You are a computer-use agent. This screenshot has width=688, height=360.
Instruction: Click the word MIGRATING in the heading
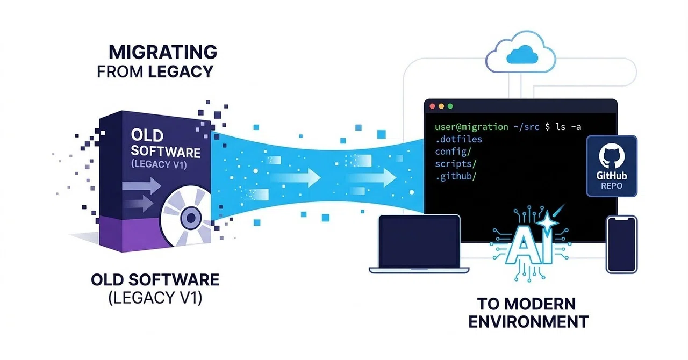(163, 52)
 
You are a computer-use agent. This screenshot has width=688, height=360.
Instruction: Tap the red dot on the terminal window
(433, 106)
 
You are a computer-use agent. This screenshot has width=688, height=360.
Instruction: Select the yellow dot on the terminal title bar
(441, 106)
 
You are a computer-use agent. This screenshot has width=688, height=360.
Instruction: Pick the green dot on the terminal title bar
(450, 106)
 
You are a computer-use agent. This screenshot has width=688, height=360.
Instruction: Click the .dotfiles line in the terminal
(458, 140)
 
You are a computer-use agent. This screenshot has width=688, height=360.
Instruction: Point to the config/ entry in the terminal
(453, 152)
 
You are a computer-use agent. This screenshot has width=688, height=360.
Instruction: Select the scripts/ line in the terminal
(456, 164)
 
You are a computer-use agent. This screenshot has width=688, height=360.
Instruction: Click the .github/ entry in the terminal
(456, 176)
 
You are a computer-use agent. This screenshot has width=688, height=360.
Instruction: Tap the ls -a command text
(569, 127)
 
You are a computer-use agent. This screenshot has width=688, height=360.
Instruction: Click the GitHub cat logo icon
(612, 156)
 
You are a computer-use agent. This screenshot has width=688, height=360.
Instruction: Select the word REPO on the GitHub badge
(612, 186)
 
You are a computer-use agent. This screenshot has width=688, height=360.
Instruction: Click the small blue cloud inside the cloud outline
(522, 55)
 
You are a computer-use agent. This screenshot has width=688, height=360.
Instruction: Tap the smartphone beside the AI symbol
(622, 244)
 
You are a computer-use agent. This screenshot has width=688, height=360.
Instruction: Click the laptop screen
(419, 241)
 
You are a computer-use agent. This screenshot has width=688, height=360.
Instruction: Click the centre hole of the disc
(191, 218)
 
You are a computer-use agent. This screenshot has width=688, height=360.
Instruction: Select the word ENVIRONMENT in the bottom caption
(528, 322)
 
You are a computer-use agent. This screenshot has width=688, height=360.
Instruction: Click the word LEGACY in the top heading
(181, 71)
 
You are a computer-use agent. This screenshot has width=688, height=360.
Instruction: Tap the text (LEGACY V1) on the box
(159, 164)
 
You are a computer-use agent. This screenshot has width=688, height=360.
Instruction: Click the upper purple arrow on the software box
(141, 185)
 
